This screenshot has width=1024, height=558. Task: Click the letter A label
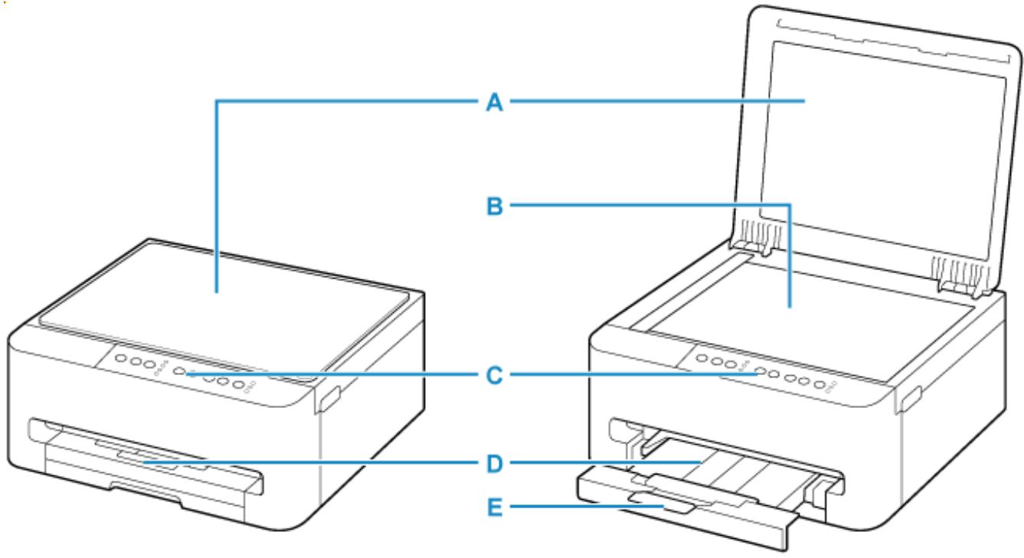tap(496, 101)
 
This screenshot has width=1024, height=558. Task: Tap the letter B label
tap(496, 205)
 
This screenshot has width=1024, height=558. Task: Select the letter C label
tap(496, 376)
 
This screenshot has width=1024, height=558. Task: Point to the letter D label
tap(496, 463)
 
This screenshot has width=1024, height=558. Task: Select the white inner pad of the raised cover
tap(881, 138)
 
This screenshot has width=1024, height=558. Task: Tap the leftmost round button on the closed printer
tap(120, 358)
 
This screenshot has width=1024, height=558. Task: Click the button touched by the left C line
tap(179, 371)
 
